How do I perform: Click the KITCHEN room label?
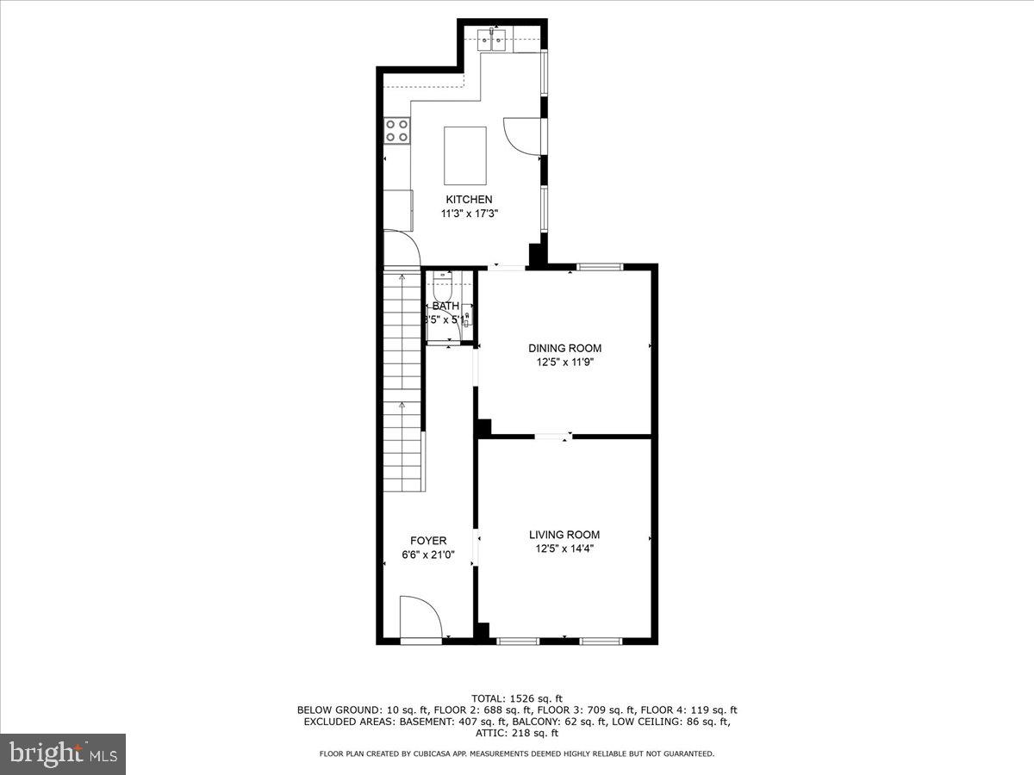click(469, 200)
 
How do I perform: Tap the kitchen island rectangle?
click(465, 155)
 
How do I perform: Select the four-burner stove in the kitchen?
click(397, 130)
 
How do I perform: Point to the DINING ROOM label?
click(564, 348)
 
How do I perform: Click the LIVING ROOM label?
click(564, 535)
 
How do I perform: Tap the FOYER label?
click(428, 541)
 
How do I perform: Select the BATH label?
click(445, 306)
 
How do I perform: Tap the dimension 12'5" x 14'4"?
click(564, 549)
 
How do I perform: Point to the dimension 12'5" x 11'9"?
click(564, 362)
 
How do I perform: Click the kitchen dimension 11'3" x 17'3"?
click(469, 214)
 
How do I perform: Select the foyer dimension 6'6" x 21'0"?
click(428, 555)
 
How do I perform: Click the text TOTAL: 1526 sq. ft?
click(517, 697)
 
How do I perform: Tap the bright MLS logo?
click(63, 754)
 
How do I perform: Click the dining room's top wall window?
click(600, 267)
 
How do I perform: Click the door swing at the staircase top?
click(401, 247)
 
